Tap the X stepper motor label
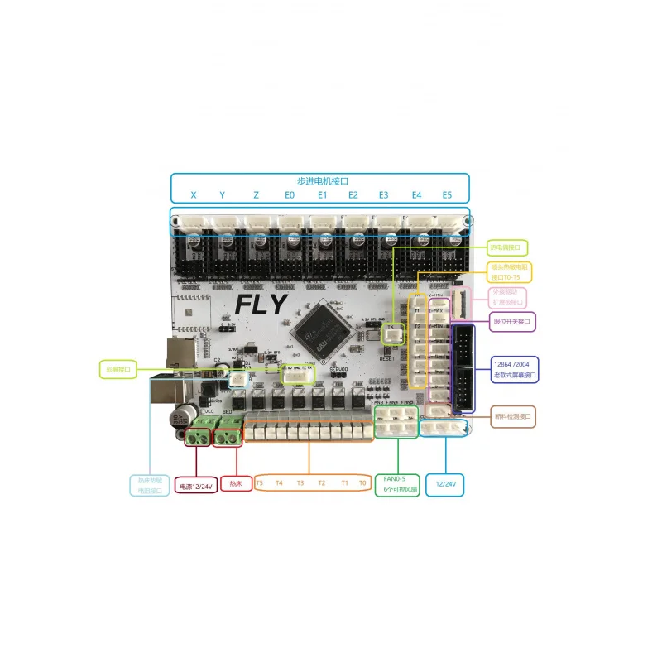coord(194,196)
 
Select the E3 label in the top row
coord(383,196)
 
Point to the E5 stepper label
coord(447,196)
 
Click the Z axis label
coord(257,196)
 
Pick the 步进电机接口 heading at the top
coord(323,181)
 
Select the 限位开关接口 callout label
coord(513,320)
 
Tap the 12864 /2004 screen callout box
coord(515,369)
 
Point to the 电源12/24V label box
coord(196,487)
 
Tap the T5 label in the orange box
coord(260,482)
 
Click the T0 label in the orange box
coord(362,482)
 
